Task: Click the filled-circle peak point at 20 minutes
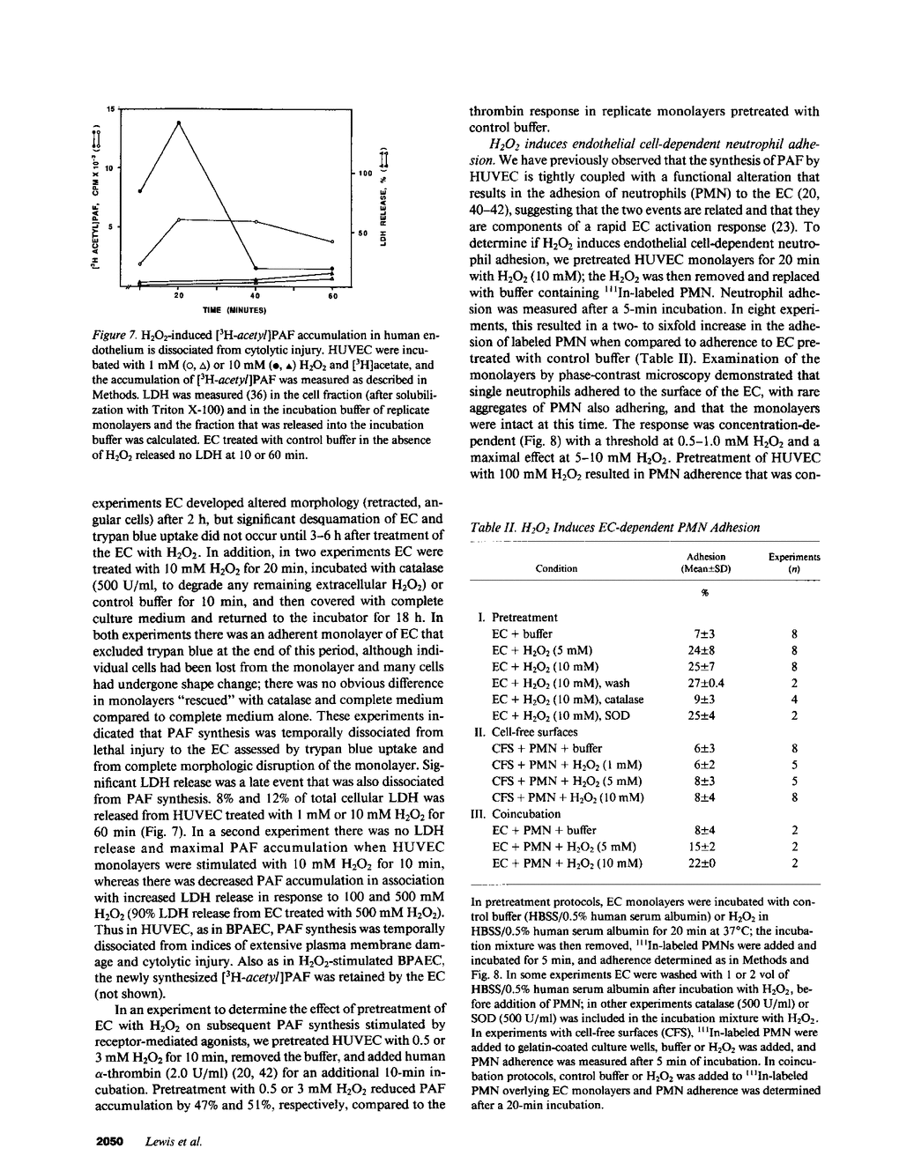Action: (179, 122)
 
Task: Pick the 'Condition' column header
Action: (556, 568)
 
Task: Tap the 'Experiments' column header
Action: (794, 557)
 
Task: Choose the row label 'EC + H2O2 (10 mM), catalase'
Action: (568, 699)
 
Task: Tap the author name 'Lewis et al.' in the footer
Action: (174, 1141)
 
